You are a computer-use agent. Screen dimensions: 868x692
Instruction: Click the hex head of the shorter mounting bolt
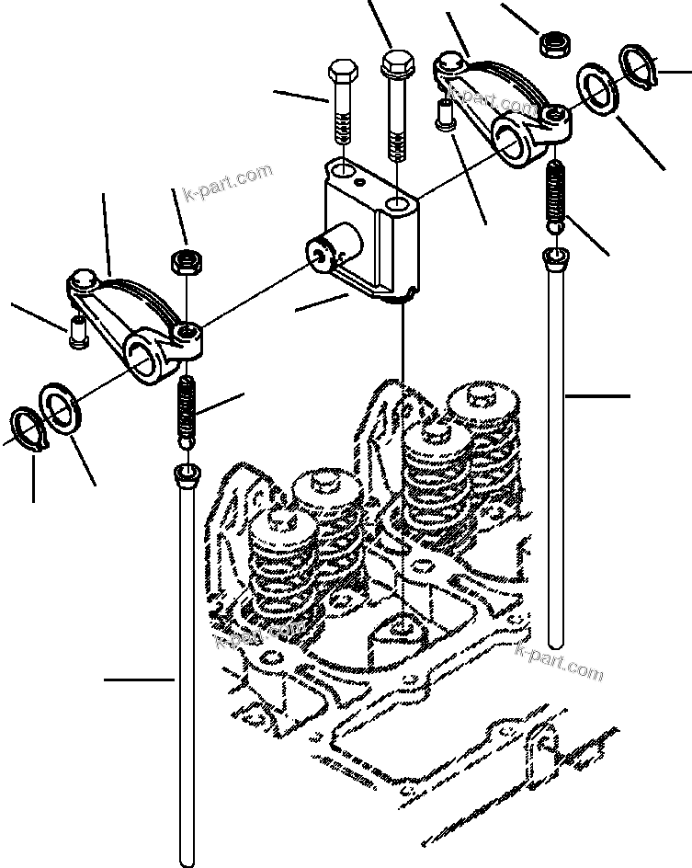point(341,72)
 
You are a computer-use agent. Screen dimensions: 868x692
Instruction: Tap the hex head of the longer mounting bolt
point(395,64)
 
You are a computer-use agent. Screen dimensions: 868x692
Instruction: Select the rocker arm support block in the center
point(368,230)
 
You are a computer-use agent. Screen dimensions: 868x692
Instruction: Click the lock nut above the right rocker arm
point(553,43)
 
